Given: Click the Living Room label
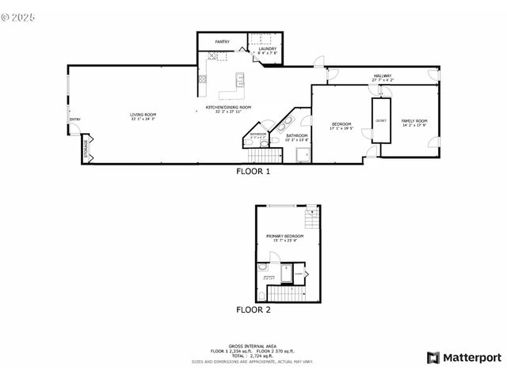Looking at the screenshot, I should click(x=143, y=115).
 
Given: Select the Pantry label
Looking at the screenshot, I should click(x=222, y=41).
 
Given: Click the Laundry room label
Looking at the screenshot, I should click(x=268, y=49).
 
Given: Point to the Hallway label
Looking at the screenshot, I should click(x=383, y=76).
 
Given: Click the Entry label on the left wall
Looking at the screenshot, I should click(x=74, y=120).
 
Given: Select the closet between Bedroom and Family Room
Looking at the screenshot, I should click(x=382, y=121).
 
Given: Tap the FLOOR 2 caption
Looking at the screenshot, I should click(x=253, y=310).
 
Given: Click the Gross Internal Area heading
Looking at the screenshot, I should click(x=253, y=346).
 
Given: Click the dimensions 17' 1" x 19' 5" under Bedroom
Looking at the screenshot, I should click(x=341, y=128).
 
